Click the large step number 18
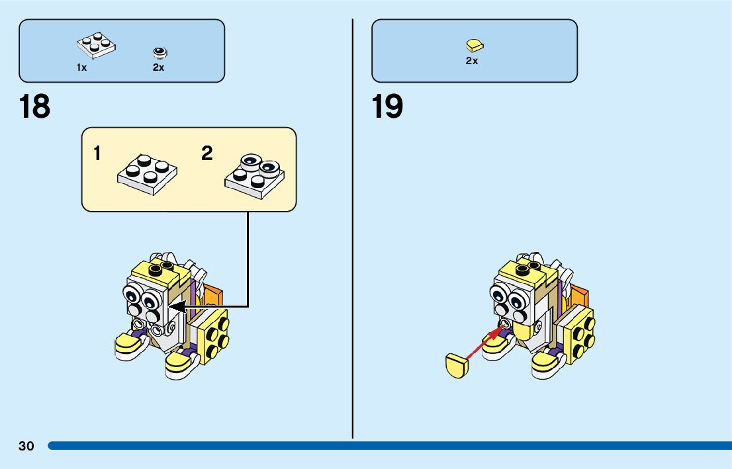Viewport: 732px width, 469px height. coord(35,107)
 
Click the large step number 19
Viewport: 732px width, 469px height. coord(387,107)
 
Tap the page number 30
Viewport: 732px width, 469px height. coord(26,446)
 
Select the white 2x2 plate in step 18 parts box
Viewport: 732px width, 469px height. coord(95,45)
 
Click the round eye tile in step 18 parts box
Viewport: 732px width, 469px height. coord(159,52)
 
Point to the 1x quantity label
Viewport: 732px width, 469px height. coord(81,67)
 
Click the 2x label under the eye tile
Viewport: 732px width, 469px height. coord(159,67)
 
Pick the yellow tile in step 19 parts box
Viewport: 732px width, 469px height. coord(474,45)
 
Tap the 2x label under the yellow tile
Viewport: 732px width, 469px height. coord(472,61)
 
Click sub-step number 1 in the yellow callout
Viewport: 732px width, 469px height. coord(97,154)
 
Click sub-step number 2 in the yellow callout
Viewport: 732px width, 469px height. coord(207,154)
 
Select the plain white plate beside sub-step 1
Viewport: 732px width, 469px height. coord(147,173)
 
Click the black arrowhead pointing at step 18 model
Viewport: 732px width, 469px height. coord(177,307)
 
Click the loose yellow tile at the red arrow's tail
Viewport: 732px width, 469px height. coord(457,366)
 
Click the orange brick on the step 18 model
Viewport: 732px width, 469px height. coord(213,298)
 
